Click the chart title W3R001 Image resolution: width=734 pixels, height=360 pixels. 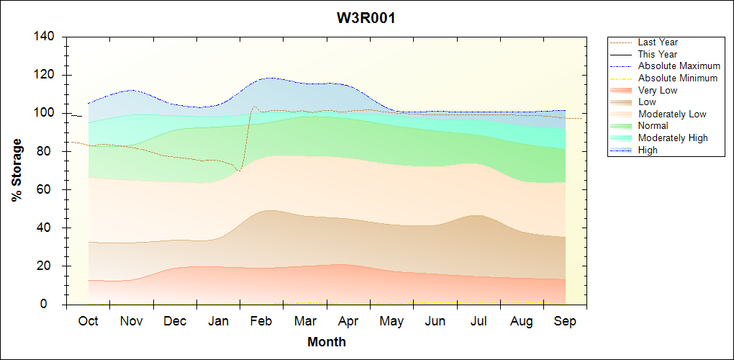(366, 19)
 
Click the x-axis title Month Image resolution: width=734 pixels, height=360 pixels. (327, 342)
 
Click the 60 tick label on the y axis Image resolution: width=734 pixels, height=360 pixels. (48, 189)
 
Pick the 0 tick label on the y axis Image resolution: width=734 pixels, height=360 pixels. (51, 305)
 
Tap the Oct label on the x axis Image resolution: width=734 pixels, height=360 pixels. (89, 321)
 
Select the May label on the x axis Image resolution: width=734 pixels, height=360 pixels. (391, 321)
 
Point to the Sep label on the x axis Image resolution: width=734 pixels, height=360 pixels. (565, 321)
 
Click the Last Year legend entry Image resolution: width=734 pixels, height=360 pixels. (658, 42)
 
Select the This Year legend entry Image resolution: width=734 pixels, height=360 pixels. (658, 54)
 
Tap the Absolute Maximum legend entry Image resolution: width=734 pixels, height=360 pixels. (679, 66)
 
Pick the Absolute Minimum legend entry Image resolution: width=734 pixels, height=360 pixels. (678, 78)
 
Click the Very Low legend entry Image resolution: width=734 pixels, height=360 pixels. (658, 90)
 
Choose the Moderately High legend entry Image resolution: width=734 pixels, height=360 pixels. (673, 138)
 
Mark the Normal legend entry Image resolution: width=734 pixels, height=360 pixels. (653, 126)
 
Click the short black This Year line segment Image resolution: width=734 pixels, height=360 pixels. (76, 115)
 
